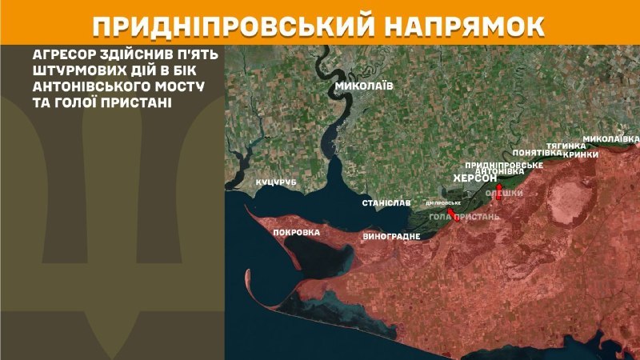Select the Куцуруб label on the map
[275, 183]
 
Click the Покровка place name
[296, 233]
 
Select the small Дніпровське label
[443, 202]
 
